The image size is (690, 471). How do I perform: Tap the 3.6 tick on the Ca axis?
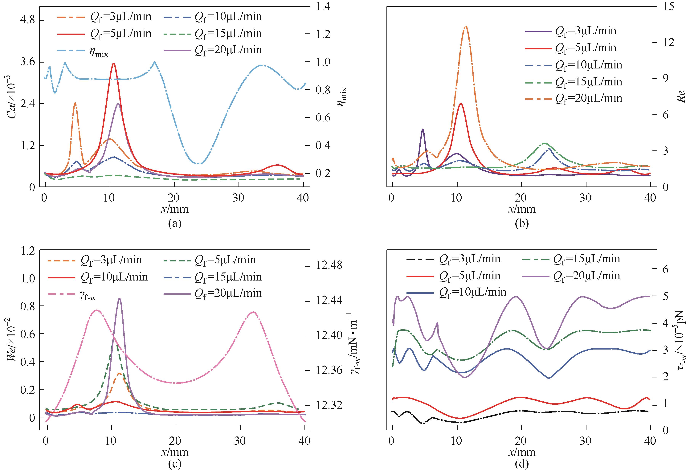click(x=27, y=62)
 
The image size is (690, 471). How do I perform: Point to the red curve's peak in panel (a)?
click(x=113, y=63)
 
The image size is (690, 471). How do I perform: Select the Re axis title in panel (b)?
click(x=680, y=97)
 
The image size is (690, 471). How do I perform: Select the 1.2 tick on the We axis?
click(x=27, y=250)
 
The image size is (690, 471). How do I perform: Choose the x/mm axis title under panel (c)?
click(x=175, y=452)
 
